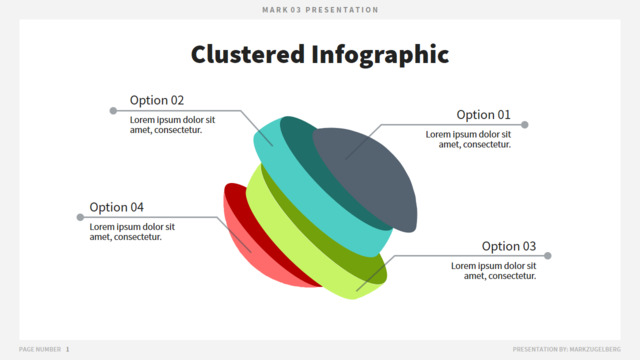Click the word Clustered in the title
point(248,54)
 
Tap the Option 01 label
point(483,115)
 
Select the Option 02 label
point(157,100)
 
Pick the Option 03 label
point(509,246)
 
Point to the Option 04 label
point(116,207)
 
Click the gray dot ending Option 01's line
point(525,124)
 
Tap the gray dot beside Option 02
point(113,111)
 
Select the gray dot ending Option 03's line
point(548,256)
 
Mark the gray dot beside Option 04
point(80,217)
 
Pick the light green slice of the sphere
point(294,241)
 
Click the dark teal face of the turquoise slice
point(322,171)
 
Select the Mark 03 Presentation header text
point(320,10)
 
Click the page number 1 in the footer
point(67,349)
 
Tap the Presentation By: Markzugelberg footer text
point(567,349)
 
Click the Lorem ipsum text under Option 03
point(493,271)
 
